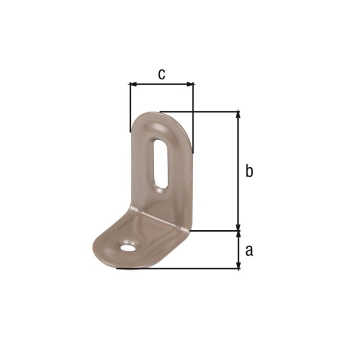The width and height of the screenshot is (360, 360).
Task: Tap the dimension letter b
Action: tap(249, 171)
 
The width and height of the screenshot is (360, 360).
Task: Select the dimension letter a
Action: tap(249, 250)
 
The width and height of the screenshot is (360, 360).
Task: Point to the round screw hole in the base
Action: tap(127, 247)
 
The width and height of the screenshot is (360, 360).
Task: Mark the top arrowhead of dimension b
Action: tap(239, 115)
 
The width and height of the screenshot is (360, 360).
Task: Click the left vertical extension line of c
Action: tap(130, 108)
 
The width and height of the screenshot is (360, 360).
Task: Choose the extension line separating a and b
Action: tap(216, 230)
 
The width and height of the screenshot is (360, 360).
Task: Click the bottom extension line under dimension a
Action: tap(180, 268)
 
